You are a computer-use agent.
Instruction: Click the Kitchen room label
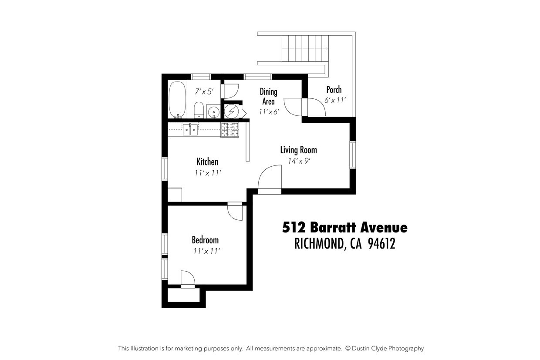[207, 162]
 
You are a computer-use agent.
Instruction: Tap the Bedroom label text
[205, 240]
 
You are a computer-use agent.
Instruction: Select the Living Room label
[298, 150]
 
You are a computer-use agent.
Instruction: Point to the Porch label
[334, 90]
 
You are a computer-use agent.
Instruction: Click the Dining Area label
[268, 96]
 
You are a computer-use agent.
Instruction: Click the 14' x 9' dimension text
[298, 161]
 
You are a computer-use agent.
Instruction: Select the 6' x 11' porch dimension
[335, 100]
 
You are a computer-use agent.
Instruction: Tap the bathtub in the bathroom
[177, 100]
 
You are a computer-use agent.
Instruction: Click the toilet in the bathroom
[199, 109]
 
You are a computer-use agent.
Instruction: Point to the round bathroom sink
[213, 112]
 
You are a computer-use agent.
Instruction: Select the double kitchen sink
[190, 129]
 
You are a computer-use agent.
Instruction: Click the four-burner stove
[230, 130]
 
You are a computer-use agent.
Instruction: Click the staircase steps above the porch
[305, 48]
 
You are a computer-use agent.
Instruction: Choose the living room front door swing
[270, 178]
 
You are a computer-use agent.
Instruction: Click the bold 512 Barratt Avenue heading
[345, 227]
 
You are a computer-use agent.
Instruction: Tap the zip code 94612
[381, 244]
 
